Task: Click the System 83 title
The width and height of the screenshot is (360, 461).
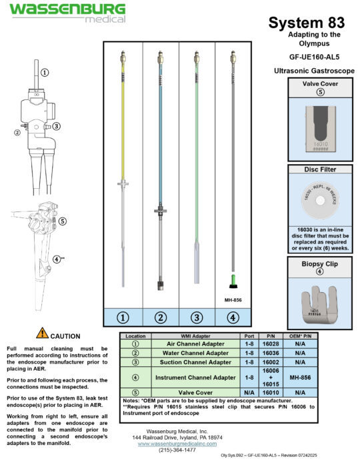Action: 306,23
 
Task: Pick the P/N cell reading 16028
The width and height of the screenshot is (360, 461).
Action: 268,344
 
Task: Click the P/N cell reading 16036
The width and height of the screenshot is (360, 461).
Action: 268,353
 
